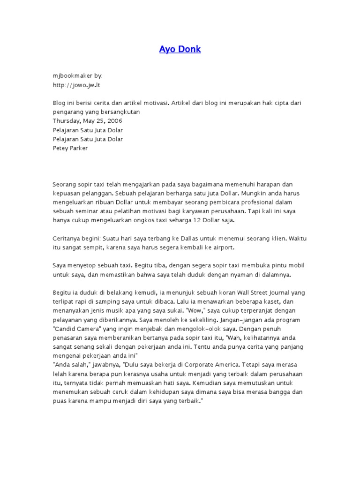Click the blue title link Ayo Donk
[180, 49]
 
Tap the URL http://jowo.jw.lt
[76, 85]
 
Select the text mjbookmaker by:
[77, 75]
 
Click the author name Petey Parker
[70, 148]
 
